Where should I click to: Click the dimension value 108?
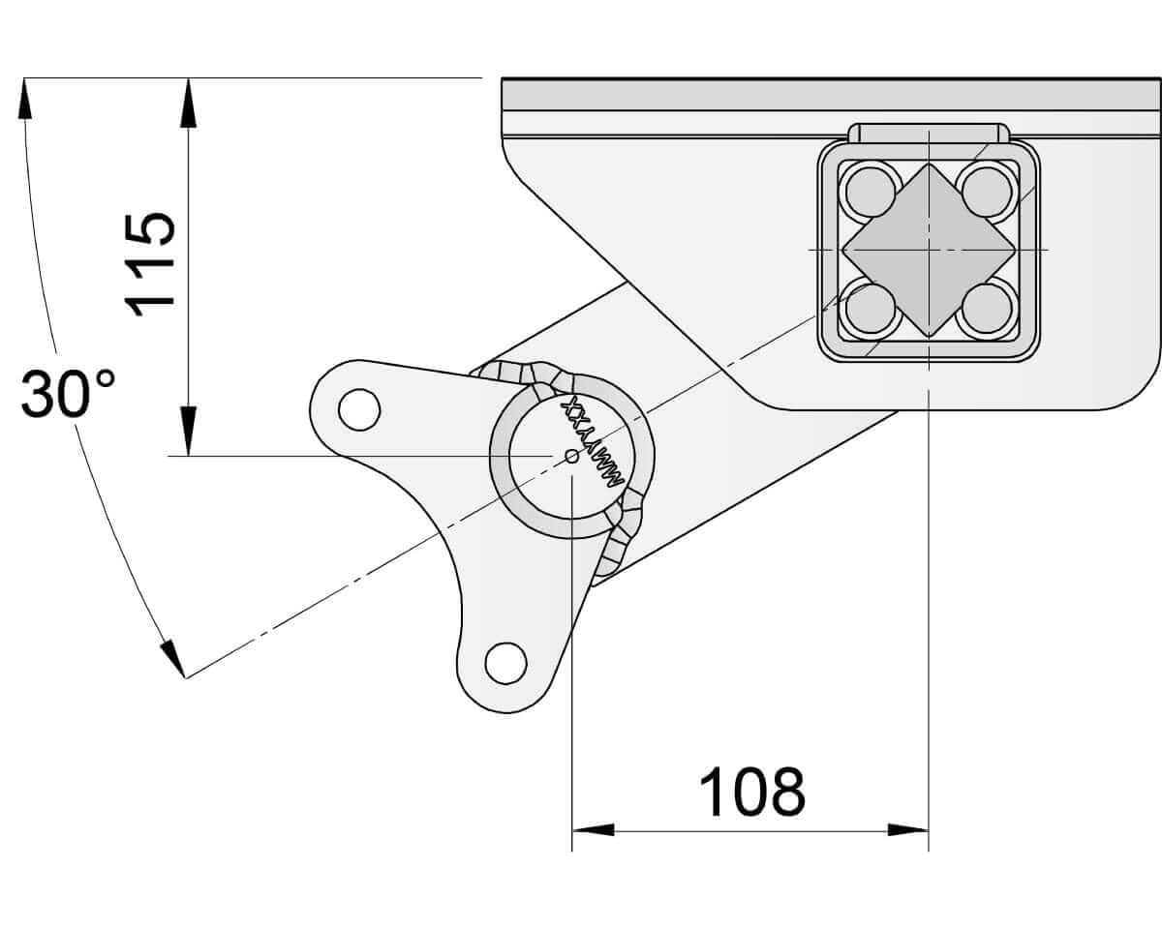(751, 793)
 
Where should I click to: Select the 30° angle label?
(68, 394)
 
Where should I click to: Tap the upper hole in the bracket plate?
(358, 409)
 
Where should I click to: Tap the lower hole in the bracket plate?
(505, 663)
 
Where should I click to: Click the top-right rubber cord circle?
(988, 191)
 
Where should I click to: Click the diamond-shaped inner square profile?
(929, 250)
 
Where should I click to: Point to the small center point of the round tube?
(571, 455)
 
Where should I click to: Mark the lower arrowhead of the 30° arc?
(172, 658)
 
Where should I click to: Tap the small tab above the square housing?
(929, 133)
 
